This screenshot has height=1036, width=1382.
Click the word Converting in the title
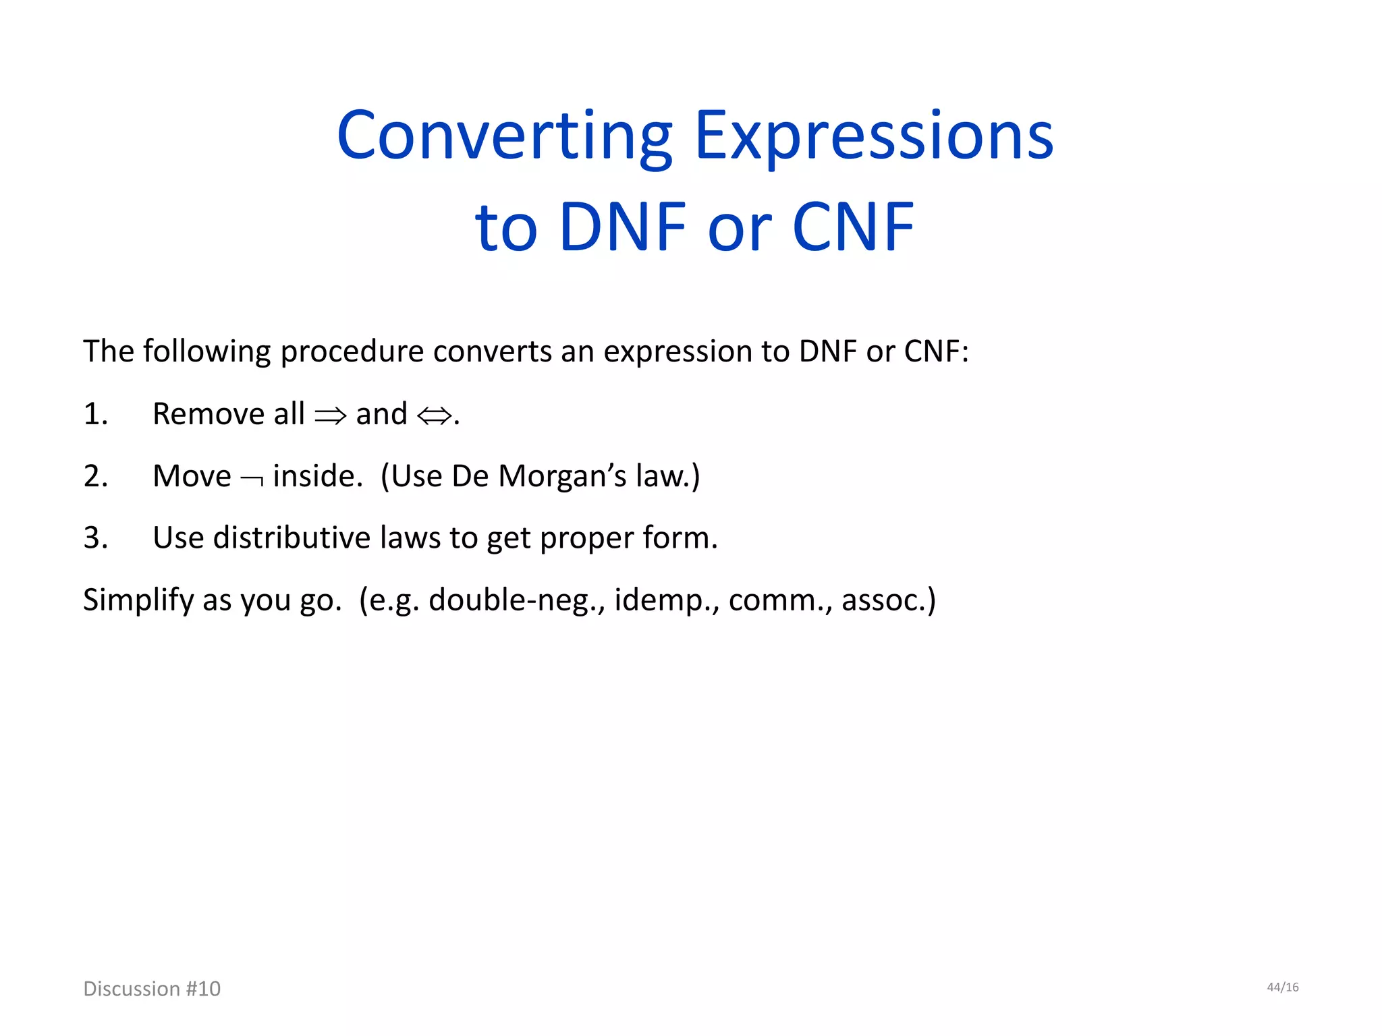[x=505, y=137]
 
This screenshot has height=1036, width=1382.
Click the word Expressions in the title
[x=873, y=137]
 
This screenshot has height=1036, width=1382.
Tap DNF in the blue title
[x=622, y=227]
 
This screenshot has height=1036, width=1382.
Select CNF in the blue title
[x=853, y=227]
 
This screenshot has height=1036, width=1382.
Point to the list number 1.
[x=95, y=414]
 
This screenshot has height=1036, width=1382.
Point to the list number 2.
[x=95, y=476]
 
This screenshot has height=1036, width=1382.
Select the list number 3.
[x=95, y=538]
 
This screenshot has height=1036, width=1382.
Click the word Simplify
[x=138, y=600]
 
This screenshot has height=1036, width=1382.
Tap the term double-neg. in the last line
[x=517, y=600]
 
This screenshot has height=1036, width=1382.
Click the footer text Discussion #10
[x=152, y=989]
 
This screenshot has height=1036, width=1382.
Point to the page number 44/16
[x=1282, y=987]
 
